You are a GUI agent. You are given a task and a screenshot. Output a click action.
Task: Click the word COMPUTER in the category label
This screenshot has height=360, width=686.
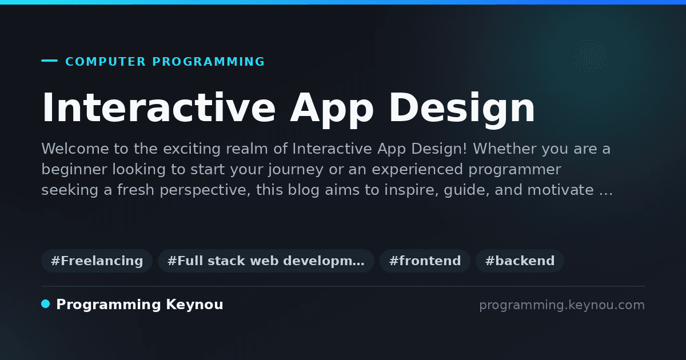click(106, 62)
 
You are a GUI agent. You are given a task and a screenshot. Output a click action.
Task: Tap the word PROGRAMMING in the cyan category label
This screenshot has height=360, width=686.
click(209, 62)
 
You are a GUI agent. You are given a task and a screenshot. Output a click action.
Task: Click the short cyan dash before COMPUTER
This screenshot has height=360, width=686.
click(49, 61)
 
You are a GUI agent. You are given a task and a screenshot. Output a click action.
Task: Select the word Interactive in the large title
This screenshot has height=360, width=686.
click(159, 107)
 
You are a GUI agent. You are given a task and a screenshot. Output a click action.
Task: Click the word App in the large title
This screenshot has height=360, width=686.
click(332, 110)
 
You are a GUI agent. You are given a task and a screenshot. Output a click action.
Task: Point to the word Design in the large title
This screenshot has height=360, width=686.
click(462, 110)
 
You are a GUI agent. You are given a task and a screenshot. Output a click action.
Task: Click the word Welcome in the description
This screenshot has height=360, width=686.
click(75, 149)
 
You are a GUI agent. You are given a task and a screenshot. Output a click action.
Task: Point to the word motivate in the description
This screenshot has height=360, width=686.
click(560, 190)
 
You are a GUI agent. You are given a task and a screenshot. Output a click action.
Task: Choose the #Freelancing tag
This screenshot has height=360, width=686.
click(97, 261)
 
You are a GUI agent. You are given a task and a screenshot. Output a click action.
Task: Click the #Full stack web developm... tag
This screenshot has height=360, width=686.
click(266, 261)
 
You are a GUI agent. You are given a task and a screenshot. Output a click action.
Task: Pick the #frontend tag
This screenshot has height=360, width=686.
click(425, 261)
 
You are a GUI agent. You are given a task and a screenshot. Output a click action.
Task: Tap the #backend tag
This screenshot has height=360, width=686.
click(520, 261)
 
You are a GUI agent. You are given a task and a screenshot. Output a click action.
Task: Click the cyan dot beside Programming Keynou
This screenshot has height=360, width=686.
click(46, 304)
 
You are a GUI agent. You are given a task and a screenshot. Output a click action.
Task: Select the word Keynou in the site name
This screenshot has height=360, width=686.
click(194, 305)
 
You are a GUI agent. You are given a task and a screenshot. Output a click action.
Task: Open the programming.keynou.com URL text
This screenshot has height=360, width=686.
click(562, 305)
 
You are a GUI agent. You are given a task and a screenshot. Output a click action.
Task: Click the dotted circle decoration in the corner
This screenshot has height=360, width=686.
click(591, 56)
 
